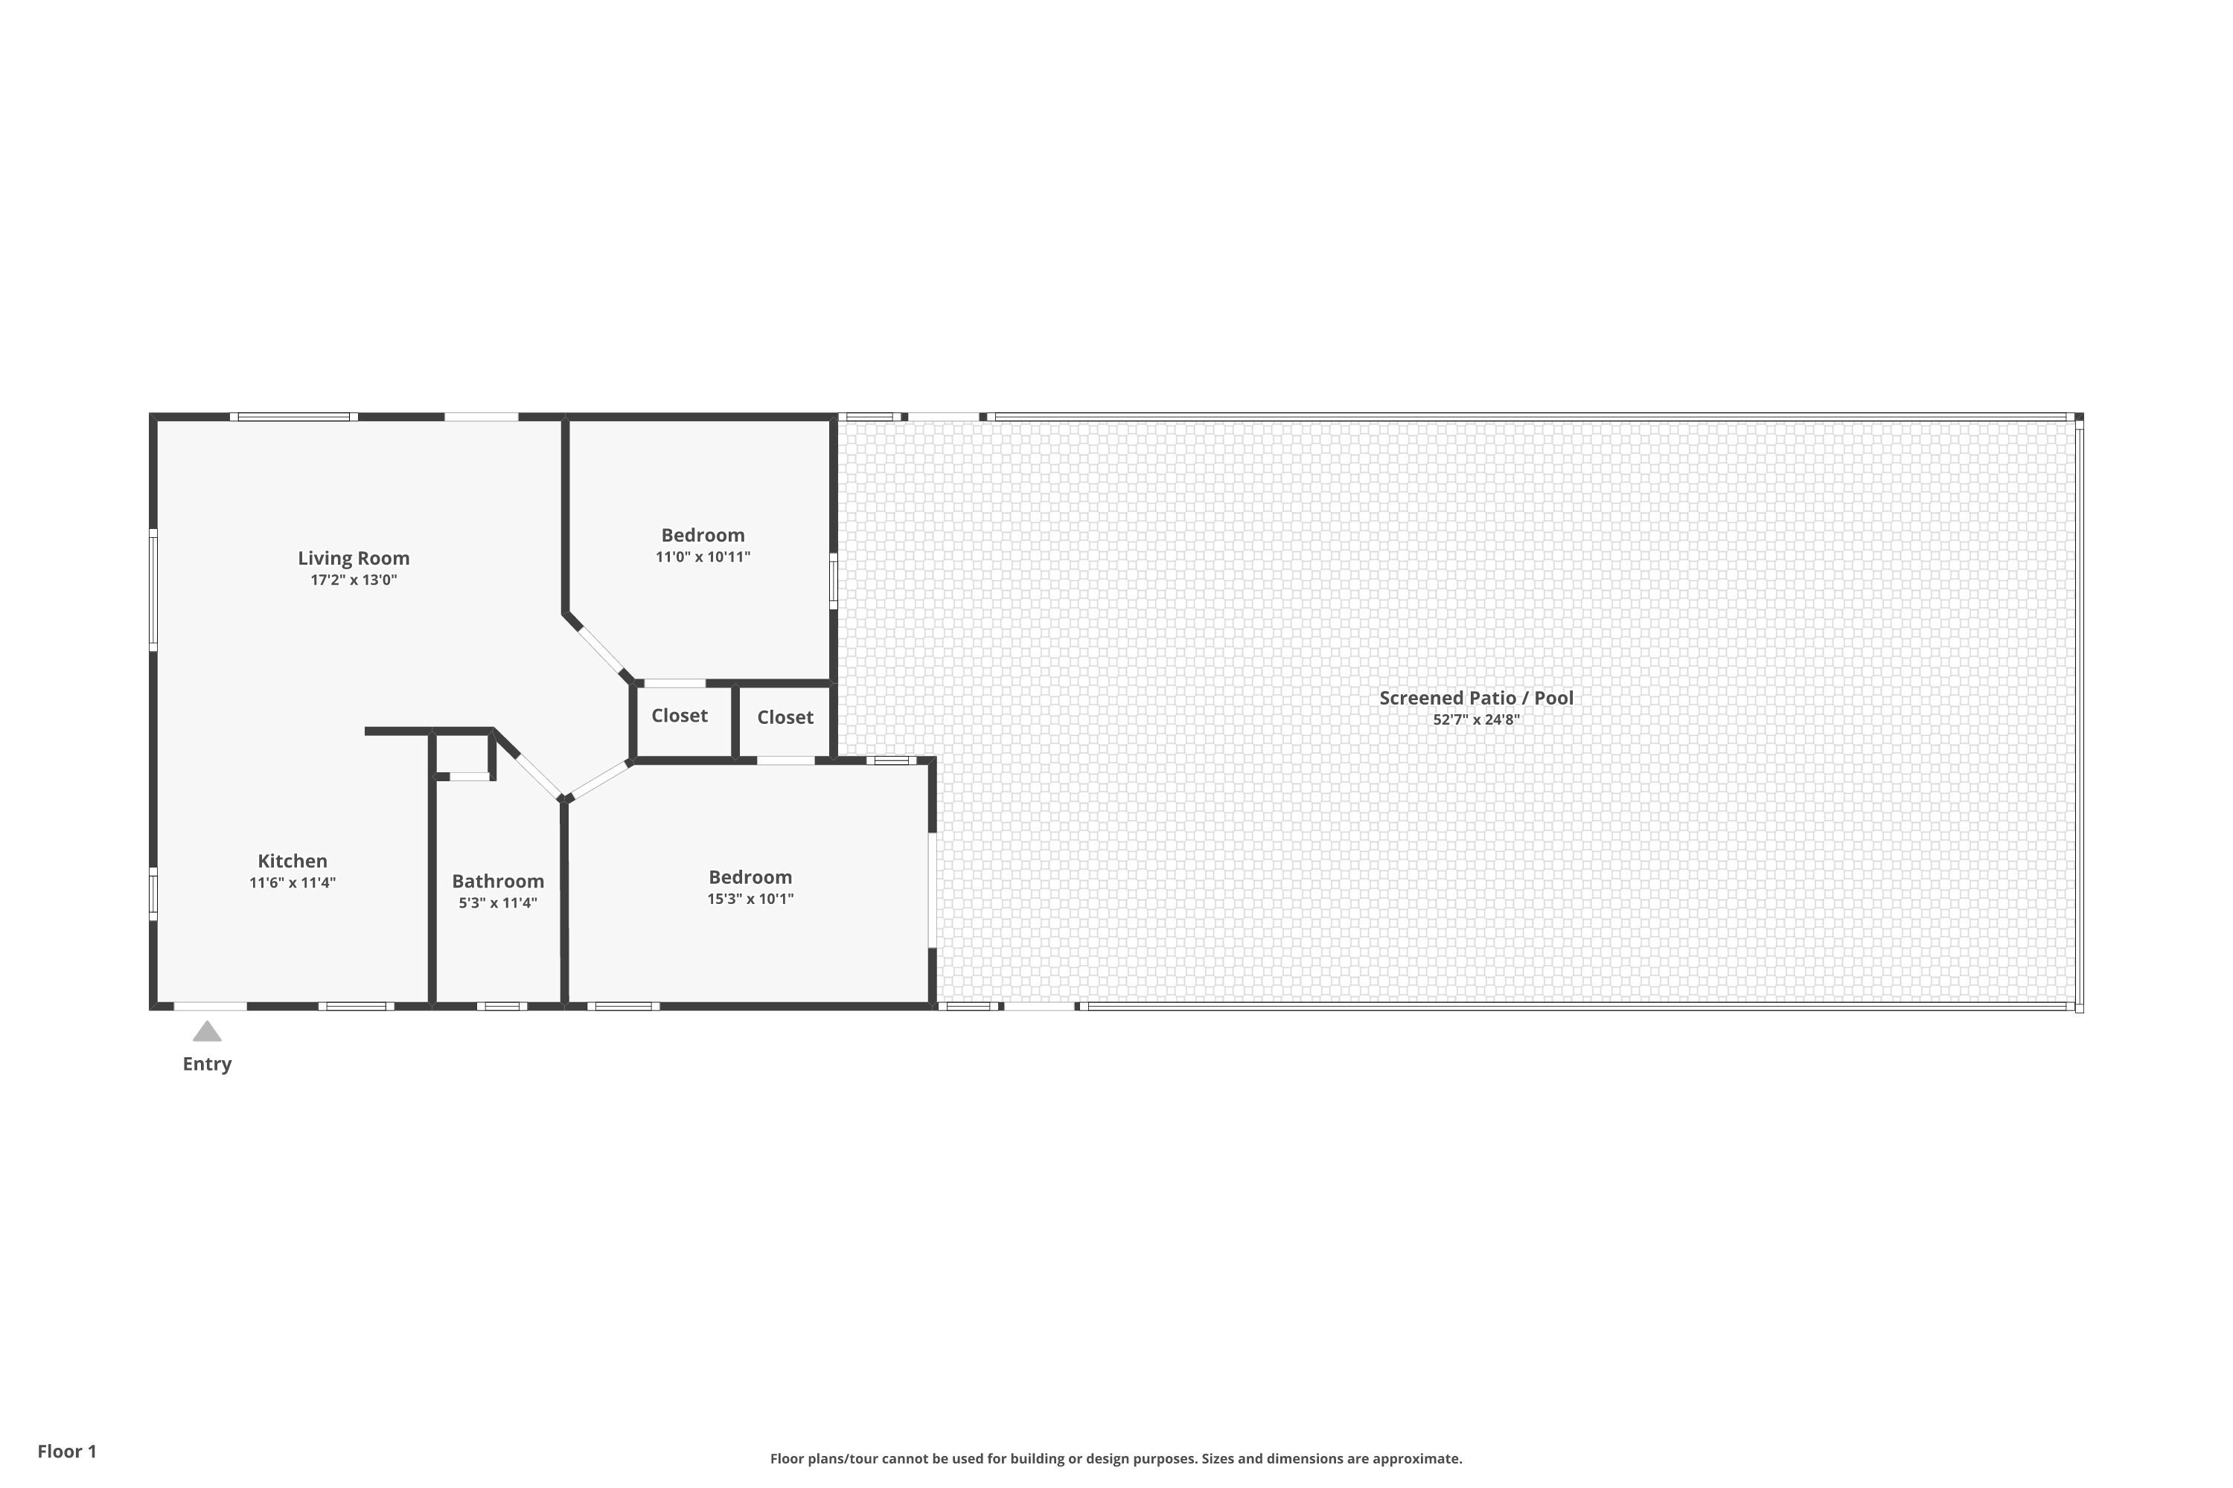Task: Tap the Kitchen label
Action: [293, 861]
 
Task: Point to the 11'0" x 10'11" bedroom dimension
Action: [703, 557]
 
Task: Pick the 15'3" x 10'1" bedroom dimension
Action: [750, 899]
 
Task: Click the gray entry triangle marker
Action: [207, 1031]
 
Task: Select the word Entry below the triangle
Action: [207, 1064]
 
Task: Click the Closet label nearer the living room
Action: [679, 716]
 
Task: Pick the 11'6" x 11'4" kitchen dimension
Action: [293, 882]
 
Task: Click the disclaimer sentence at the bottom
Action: [1116, 1458]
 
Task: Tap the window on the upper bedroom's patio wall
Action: [834, 581]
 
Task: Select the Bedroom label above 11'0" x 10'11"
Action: [703, 535]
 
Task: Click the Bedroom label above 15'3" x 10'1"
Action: [750, 877]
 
